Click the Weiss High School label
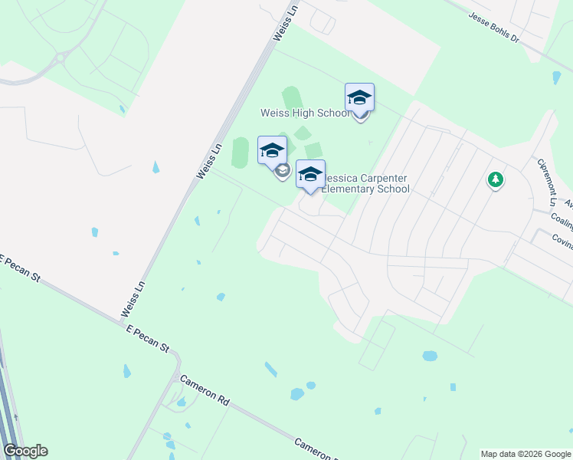pos(293,113)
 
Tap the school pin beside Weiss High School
pos(359,99)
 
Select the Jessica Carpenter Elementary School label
pos(365,183)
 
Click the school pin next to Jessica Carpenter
pos(310,176)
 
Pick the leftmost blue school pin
pos(272,151)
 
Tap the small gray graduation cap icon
pos(282,171)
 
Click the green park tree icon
pos(496,180)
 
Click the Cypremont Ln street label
pos(546,182)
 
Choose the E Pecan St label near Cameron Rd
pos(148,337)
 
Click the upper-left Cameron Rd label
pos(205,391)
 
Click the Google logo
pos(25,451)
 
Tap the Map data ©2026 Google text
pos(525,454)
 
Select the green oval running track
pos(241,152)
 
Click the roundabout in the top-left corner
pos(59,57)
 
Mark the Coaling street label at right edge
pos(562,221)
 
